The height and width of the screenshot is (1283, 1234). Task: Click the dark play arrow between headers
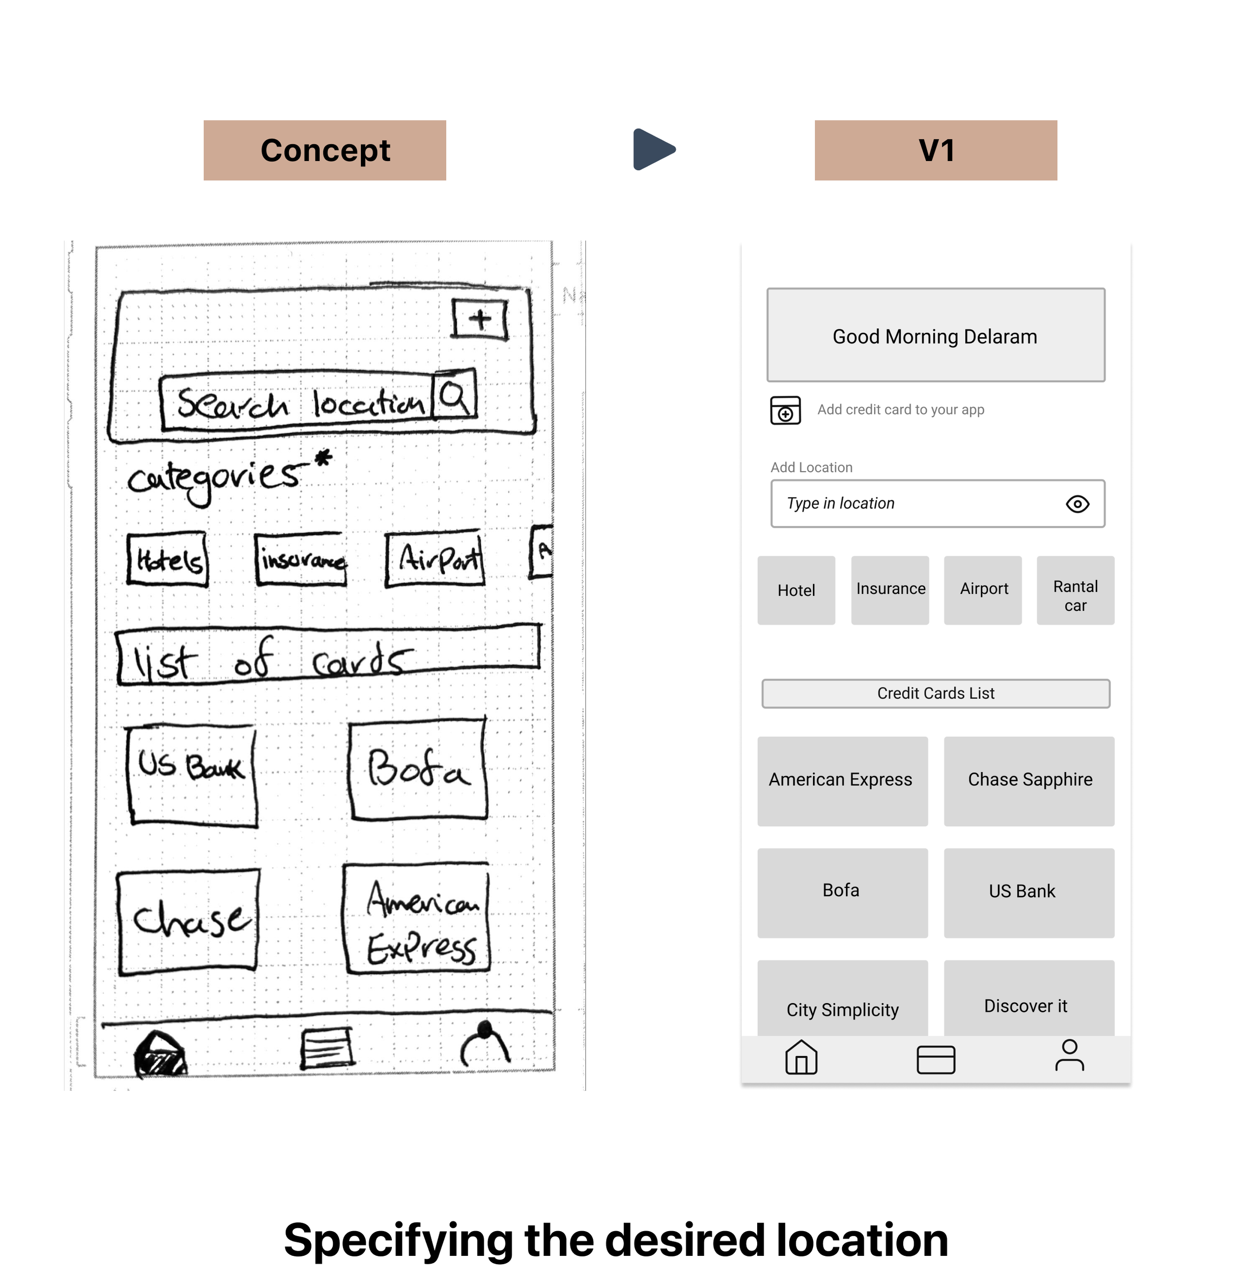[653, 149]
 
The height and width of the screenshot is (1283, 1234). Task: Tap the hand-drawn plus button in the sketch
[480, 320]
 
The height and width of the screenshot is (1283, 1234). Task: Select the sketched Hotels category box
[167, 559]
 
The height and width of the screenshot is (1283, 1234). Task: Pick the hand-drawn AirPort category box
[435, 559]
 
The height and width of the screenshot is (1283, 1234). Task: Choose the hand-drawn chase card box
[189, 921]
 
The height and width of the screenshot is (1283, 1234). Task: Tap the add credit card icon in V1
[785, 410]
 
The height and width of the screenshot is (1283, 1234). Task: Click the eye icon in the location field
[1077, 504]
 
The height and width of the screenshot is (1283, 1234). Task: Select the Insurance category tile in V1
[890, 590]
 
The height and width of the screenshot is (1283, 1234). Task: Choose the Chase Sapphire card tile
[1029, 780]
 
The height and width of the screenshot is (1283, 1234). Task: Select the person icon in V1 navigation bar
[1069, 1055]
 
